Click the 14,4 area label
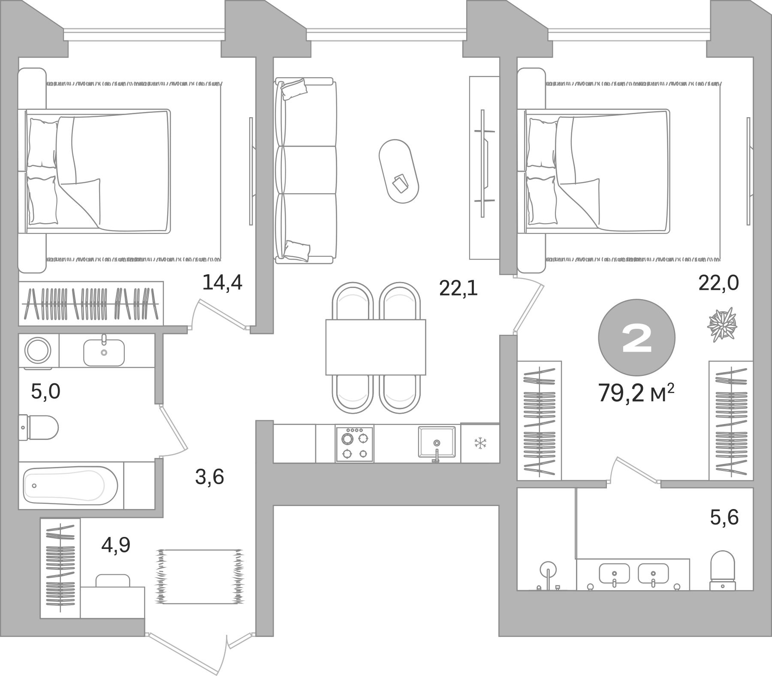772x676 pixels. coord(222,283)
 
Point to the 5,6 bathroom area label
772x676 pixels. coord(724,517)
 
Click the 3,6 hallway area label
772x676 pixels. coord(209,477)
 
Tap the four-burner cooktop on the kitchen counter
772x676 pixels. coord(354,444)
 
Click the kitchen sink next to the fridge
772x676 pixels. coord(437,442)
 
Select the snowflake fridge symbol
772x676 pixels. coord(479,443)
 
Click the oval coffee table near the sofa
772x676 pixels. coord(399,171)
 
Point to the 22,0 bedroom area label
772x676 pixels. coord(718,283)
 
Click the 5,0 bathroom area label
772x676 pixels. coord(45,391)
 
